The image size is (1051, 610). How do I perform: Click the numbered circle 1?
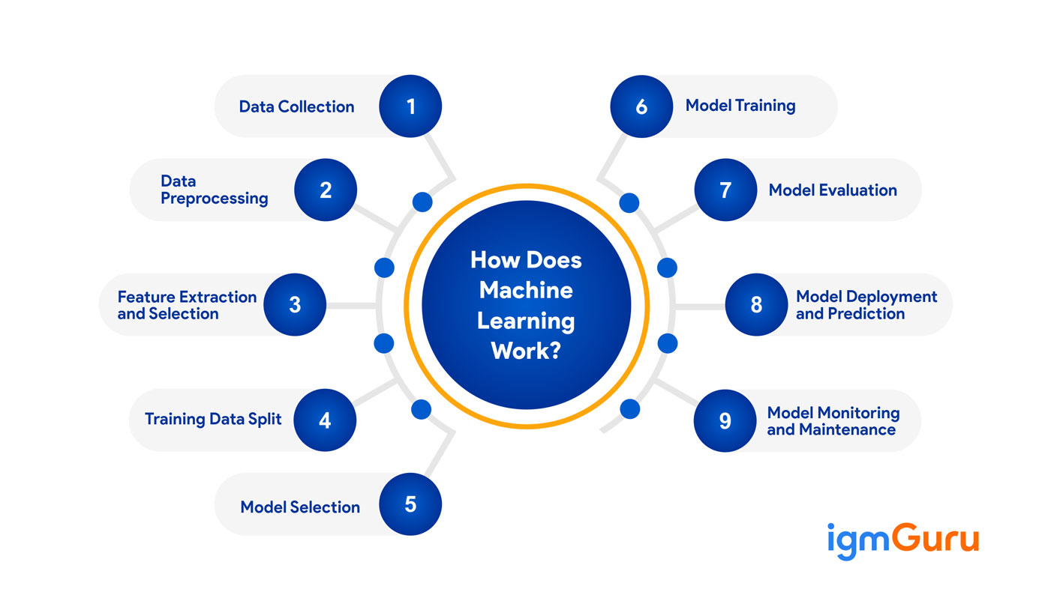coord(410,106)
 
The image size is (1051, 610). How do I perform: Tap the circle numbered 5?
coord(410,504)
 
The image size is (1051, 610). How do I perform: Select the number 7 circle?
coord(725,190)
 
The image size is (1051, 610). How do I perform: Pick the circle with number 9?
coord(725,420)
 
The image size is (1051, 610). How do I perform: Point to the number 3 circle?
coord(295,304)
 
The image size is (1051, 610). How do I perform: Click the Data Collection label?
coord(296,106)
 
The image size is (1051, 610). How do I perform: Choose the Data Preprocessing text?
coord(214,190)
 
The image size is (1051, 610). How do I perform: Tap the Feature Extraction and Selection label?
coord(187,305)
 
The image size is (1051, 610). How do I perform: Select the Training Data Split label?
coord(213,419)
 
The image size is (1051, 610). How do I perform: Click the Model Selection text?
coord(300,507)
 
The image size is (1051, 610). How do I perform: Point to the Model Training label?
coord(740,106)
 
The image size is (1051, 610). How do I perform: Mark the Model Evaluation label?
coord(833,190)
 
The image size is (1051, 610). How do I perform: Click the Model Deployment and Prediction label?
coord(866,305)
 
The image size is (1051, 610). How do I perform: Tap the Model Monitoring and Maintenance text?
coord(833,420)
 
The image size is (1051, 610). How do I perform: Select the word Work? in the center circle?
coord(526,349)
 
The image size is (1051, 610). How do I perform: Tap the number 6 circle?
coord(641,106)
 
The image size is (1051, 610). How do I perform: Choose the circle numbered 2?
coord(326,190)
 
